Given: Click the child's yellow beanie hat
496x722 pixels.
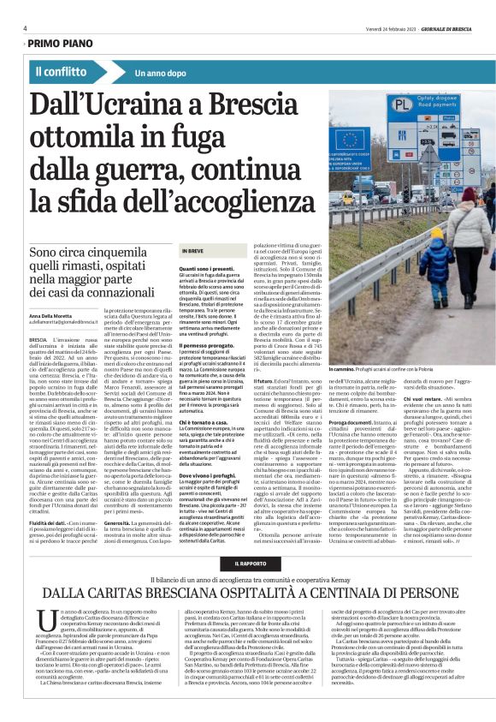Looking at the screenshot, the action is click(x=436, y=233).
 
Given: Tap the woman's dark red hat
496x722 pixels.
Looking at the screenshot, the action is click(x=468, y=195).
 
